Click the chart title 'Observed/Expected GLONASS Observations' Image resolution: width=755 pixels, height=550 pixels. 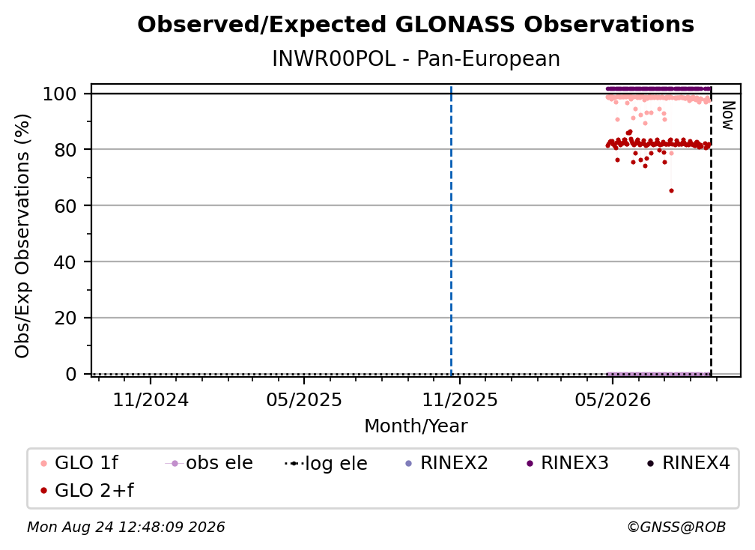coord(416,25)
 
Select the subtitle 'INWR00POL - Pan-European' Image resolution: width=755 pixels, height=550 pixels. coord(416,59)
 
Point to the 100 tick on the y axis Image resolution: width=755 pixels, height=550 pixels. coord(60,94)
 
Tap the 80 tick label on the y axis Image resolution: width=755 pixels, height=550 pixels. coord(65,150)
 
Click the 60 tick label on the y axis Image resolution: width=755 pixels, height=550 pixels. coord(65,206)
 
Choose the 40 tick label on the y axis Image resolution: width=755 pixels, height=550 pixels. coord(65,262)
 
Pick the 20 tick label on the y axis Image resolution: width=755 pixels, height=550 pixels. coord(65,318)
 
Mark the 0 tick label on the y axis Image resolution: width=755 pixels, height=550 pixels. coord(71,374)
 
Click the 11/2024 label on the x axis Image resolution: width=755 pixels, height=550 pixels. coord(151,399)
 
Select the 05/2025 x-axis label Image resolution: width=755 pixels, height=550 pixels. coord(304,399)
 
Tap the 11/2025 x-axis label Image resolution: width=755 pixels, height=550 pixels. coord(460,399)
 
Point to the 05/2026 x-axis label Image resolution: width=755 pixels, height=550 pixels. coord(613,399)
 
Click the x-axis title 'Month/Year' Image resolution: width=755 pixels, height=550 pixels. coord(416,426)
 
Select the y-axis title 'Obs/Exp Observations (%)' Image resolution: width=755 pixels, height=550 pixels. coord(22,236)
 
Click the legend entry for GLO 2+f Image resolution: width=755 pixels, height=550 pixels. coord(87,490)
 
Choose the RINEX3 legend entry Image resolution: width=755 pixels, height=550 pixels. coord(568,463)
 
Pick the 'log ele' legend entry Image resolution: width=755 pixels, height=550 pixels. coord(326,463)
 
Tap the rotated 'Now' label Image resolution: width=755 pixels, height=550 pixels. coord(727,115)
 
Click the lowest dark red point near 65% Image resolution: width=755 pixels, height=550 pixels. coord(671,191)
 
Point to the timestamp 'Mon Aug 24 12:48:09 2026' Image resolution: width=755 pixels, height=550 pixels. coord(126,528)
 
